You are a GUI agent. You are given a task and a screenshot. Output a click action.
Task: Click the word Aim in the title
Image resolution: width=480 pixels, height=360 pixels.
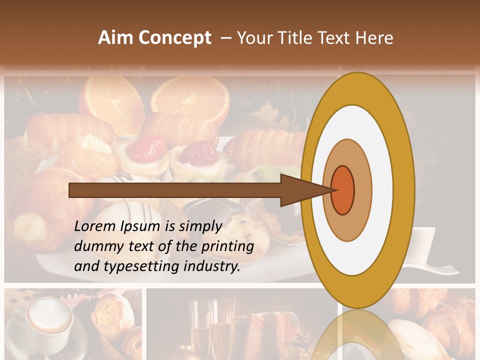pyautogui.click(x=116, y=38)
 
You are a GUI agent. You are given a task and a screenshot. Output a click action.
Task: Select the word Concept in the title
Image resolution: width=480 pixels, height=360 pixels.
pyautogui.click(x=174, y=38)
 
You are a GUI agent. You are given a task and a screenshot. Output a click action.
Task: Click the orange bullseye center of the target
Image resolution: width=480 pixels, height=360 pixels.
pyautogui.click(x=342, y=190)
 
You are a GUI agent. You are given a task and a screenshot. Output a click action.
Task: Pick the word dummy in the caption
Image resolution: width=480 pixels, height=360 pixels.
pyautogui.click(x=97, y=246)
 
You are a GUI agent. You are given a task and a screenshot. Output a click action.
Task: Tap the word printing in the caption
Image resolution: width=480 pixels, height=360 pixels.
pyautogui.click(x=227, y=246)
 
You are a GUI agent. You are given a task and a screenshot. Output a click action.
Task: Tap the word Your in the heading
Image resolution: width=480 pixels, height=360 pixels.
pyautogui.click(x=255, y=38)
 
